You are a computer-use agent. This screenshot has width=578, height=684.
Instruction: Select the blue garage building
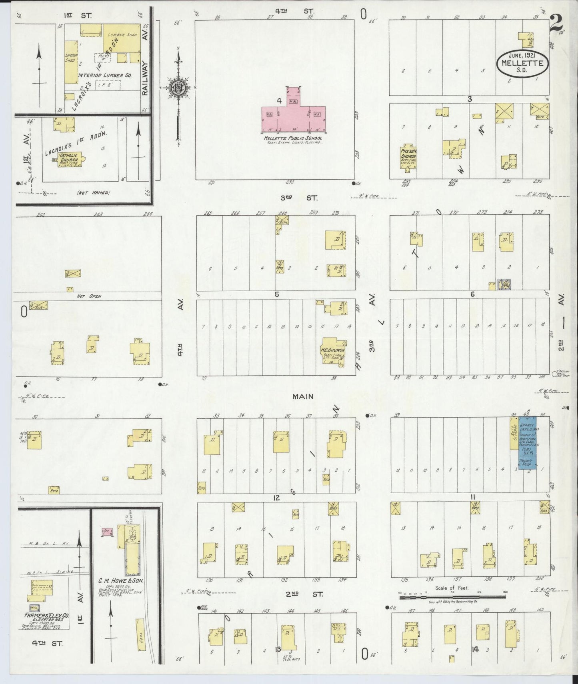[528, 444]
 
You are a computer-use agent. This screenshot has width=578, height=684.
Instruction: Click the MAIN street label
[303, 396]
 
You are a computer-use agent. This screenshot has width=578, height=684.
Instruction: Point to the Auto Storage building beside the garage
[514, 434]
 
